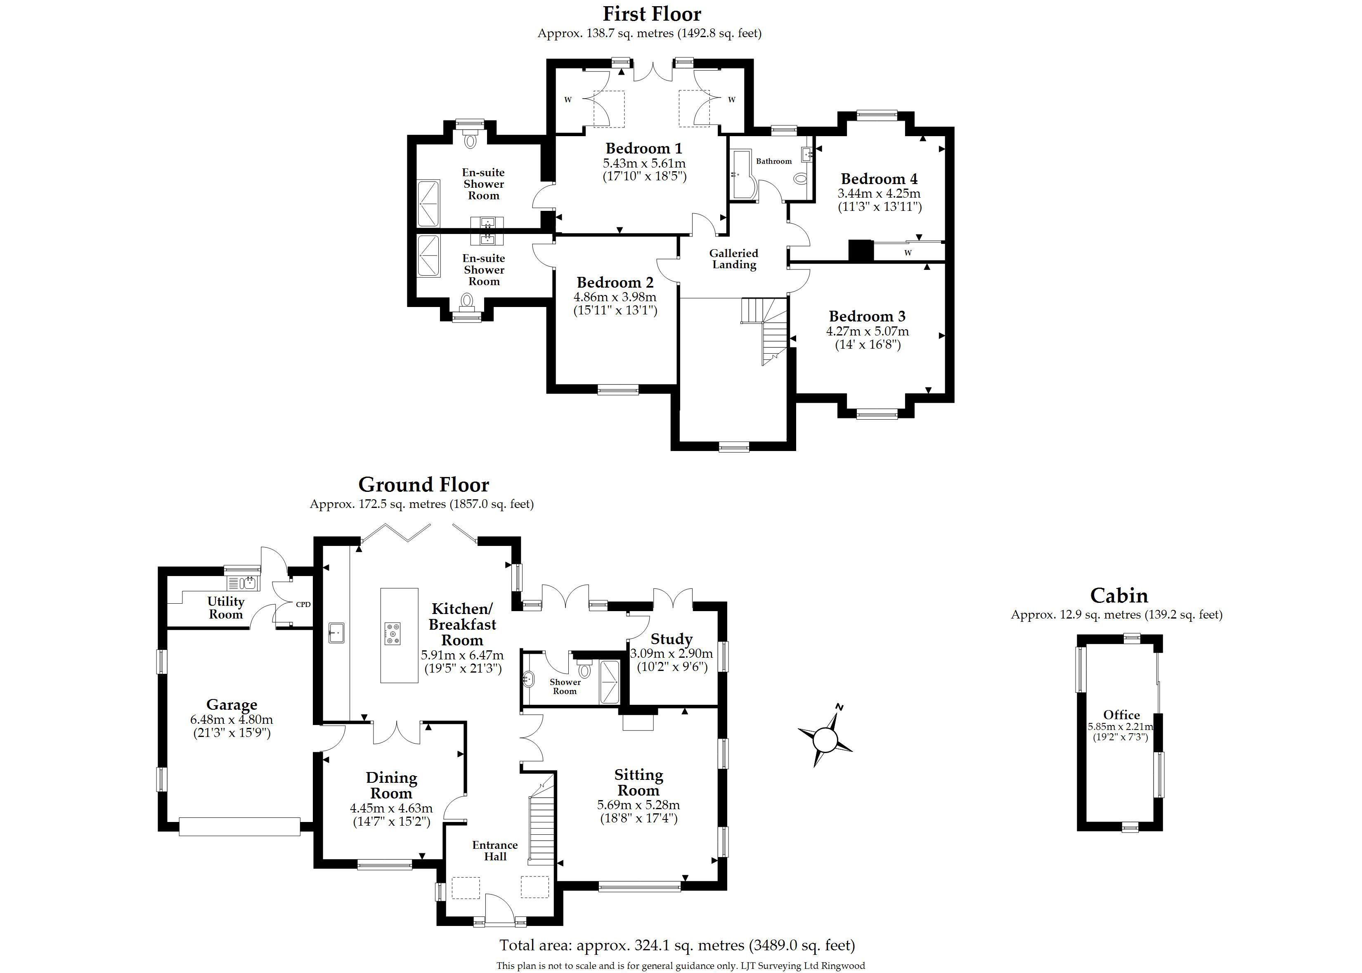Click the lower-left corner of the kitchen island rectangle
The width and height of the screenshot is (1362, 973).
point(381,683)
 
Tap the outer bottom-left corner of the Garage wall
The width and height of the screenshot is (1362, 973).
point(158,831)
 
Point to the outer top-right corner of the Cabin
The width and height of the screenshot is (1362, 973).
point(1163,635)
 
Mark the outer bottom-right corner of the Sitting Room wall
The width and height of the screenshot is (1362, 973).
point(727,890)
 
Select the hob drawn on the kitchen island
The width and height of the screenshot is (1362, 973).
point(393,634)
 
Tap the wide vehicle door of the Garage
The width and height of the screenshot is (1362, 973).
point(240,826)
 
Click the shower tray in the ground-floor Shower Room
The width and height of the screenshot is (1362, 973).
point(610,682)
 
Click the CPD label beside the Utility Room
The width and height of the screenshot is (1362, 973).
point(303,605)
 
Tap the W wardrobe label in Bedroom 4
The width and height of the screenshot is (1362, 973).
point(908,253)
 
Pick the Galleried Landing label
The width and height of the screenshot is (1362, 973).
point(734,259)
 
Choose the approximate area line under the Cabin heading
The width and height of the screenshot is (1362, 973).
point(1116,615)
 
